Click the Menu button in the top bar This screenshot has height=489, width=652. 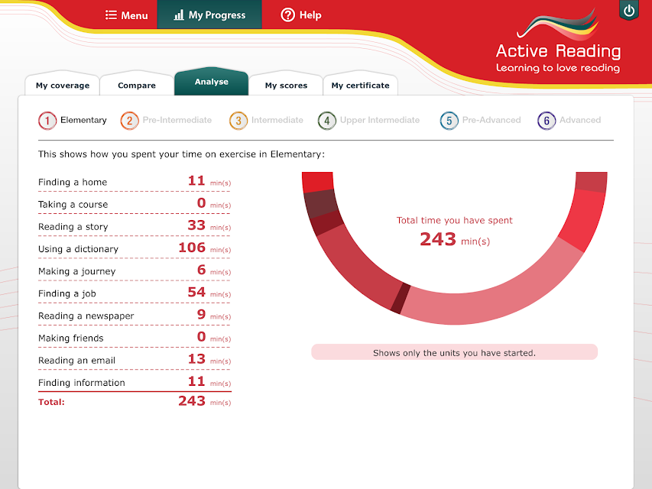126,15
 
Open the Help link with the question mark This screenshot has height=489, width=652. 301,15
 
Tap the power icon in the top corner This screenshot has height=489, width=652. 629,11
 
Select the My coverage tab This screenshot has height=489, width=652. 63,86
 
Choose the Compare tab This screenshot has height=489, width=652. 137,86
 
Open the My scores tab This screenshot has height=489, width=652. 286,86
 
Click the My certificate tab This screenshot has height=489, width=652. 361,86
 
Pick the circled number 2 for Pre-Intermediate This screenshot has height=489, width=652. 129,121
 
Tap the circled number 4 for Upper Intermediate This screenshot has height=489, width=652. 327,121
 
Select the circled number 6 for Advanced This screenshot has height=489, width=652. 547,121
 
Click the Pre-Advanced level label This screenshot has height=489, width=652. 491,120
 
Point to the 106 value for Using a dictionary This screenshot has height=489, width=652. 192,248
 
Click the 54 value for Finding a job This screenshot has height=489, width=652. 196,292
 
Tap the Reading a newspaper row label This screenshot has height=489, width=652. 86,316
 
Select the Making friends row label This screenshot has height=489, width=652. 70,338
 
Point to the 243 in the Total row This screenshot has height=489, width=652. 192,401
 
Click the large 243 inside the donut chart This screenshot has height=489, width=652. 438,239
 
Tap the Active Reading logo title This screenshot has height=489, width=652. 559,51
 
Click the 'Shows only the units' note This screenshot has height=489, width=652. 455,353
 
